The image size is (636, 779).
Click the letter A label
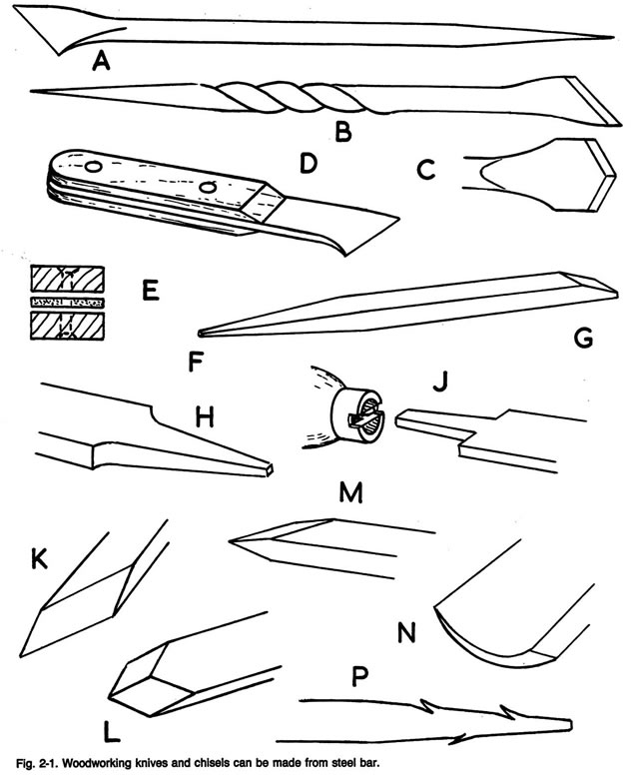tap(99, 63)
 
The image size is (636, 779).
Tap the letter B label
tap(342, 131)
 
